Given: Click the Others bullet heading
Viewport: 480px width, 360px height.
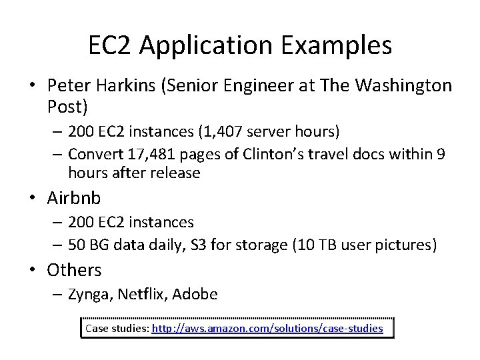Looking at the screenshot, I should [x=74, y=270].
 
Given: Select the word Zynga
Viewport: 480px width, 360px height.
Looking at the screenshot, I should [x=92, y=294].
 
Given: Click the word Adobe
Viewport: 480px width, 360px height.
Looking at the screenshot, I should [x=197, y=294].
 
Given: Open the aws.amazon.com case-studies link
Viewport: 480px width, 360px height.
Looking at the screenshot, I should [x=267, y=328].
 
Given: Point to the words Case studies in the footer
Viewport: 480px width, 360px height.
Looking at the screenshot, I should [x=116, y=328].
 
